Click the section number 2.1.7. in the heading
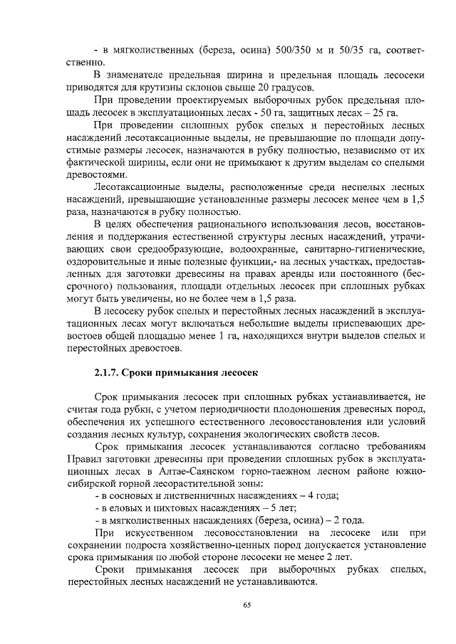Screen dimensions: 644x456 110,372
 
